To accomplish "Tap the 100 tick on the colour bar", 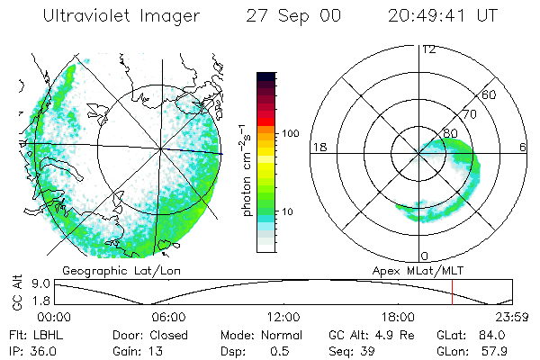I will coord(292,133).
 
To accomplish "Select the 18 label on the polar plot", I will coord(318,147).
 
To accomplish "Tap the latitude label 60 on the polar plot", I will coord(490,94).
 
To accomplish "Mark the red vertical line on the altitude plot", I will coord(452,292).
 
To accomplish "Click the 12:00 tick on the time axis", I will coord(283,317).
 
